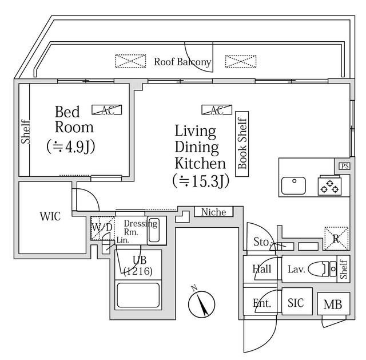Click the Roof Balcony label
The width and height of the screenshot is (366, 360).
click(182, 62)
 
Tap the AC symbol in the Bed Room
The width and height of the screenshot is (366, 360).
click(107, 110)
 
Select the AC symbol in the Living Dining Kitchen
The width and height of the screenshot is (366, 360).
click(216, 110)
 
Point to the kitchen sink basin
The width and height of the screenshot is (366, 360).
click(293, 185)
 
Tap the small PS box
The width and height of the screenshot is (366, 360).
click(344, 166)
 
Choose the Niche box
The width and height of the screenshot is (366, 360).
click(213, 212)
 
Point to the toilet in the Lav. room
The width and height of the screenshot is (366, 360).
click(323, 268)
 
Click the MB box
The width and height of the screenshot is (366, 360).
click(333, 304)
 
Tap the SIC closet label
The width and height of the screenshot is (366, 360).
click(296, 303)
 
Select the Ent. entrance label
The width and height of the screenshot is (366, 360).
click(261, 303)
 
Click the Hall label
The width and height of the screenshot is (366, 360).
click(261, 268)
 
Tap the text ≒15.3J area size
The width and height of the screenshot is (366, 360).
click(200, 181)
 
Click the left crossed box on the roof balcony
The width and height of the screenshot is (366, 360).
click(128, 61)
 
